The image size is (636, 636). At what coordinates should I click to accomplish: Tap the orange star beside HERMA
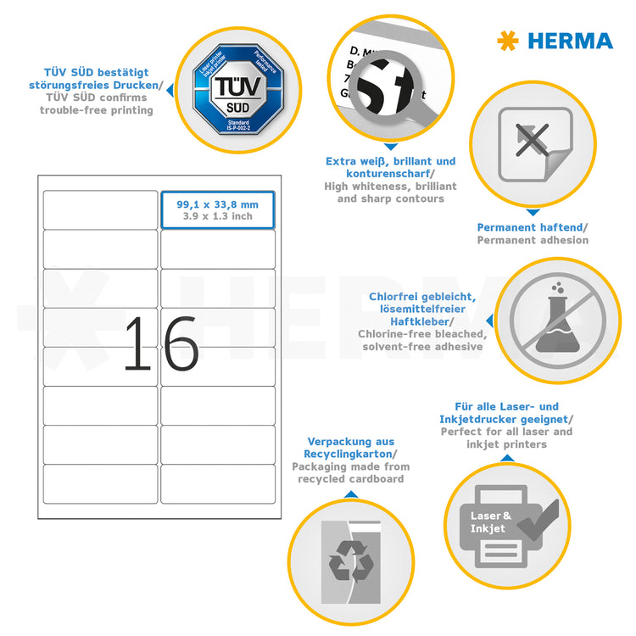tap(508, 40)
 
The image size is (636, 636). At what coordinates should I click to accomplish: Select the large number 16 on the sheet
tap(160, 344)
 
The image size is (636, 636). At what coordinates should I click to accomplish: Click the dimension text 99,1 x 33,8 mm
tap(217, 204)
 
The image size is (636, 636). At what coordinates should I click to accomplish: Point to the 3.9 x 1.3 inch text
tap(217, 216)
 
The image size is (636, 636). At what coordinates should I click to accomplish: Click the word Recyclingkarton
tap(350, 455)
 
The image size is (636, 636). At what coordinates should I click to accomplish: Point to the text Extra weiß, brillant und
tap(391, 161)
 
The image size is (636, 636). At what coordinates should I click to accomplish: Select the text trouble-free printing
tap(97, 110)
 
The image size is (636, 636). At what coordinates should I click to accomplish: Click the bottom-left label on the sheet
tap(100, 484)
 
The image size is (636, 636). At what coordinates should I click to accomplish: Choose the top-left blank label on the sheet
tap(100, 209)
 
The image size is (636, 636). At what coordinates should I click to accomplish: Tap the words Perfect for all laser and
tap(506, 432)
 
